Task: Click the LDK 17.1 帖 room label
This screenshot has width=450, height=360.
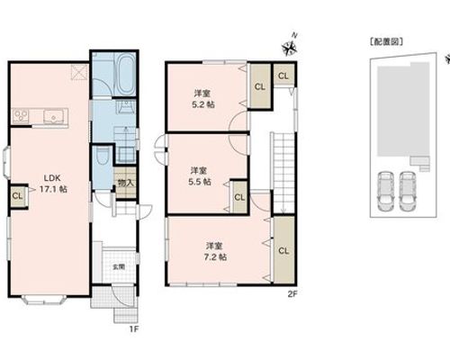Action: pyautogui.click(x=53, y=184)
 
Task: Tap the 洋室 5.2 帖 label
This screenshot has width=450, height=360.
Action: pyautogui.click(x=203, y=99)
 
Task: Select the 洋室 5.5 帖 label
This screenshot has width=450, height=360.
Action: pyautogui.click(x=200, y=176)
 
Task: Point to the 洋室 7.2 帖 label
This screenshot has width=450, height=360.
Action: pyautogui.click(x=215, y=251)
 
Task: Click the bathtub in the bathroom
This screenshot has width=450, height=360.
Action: pyautogui.click(x=124, y=74)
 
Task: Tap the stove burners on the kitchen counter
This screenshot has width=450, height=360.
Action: pyautogui.click(x=21, y=116)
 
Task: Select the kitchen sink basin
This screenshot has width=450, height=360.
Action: pyautogui.click(x=53, y=116)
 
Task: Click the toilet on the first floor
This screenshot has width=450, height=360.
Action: pyautogui.click(x=102, y=156)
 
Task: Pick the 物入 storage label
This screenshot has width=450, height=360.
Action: pyautogui.click(x=125, y=183)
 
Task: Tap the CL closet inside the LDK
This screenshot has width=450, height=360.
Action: pyautogui.click(x=17, y=196)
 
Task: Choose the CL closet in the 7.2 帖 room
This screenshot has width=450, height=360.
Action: pyautogui.click(x=283, y=250)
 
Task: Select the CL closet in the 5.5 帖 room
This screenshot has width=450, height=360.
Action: pyautogui.click(x=239, y=197)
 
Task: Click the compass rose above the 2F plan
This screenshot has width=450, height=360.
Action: pyautogui.click(x=289, y=48)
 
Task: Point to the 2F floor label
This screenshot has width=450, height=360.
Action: pyautogui.click(x=292, y=294)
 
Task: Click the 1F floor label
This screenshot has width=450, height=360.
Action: pyautogui.click(x=134, y=329)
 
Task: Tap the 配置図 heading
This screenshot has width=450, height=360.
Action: pyautogui.click(x=386, y=41)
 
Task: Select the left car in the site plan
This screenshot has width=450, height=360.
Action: pyautogui.click(x=385, y=191)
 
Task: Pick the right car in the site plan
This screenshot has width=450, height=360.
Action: pyautogui.click(x=407, y=191)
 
